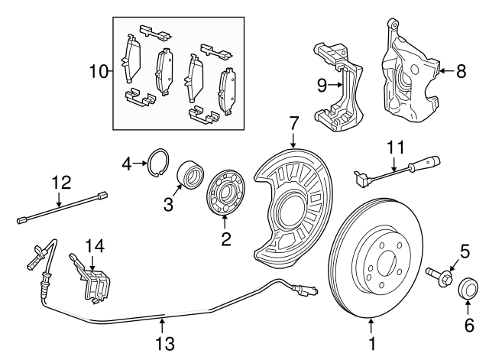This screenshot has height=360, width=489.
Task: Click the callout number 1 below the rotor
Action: tap(372, 344)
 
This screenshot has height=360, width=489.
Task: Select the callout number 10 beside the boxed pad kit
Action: tap(99, 73)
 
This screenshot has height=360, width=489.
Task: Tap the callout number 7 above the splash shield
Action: tap(293, 122)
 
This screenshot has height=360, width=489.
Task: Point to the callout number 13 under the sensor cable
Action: tap(164, 343)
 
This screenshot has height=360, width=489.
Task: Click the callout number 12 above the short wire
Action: tap(61, 183)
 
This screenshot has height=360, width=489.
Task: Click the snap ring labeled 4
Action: tap(157, 162)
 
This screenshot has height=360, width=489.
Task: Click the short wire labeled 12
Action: tap(61, 208)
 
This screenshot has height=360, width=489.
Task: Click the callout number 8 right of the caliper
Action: tap(461, 73)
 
